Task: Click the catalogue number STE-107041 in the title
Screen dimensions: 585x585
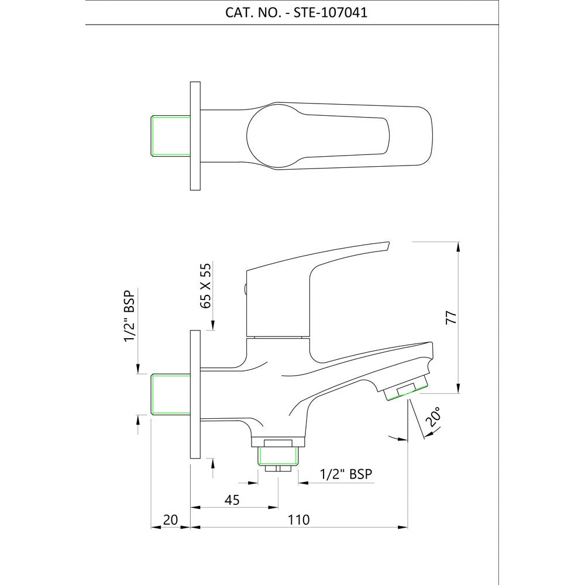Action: [x=330, y=13]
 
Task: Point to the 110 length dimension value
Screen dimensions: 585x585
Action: [x=299, y=519]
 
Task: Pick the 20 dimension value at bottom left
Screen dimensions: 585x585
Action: [x=170, y=519]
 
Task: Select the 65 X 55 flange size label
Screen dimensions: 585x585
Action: [x=205, y=285]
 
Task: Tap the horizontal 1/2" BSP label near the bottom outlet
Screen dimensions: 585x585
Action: [x=346, y=474]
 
